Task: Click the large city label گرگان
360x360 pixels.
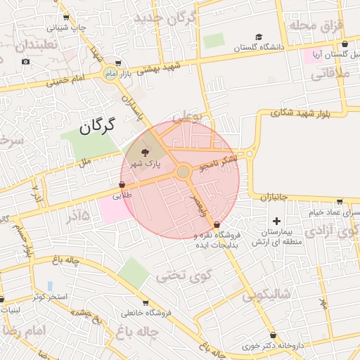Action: click(96, 127)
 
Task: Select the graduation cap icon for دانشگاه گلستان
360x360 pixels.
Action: click(259, 37)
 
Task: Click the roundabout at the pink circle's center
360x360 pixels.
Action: click(183, 172)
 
